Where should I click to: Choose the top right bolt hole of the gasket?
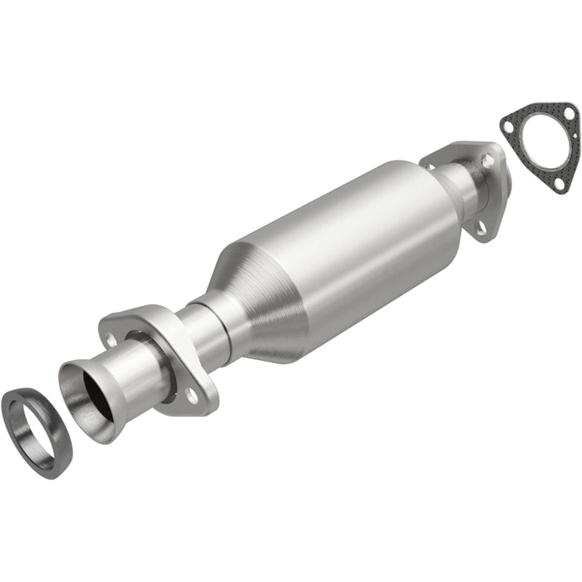tap(567, 115)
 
